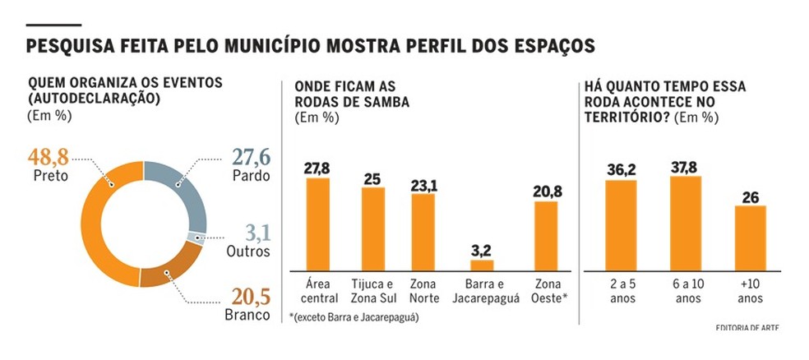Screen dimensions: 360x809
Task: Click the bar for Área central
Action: click(317, 224)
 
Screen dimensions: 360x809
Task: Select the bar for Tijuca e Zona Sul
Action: click(373, 229)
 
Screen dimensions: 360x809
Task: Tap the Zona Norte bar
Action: click(423, 233)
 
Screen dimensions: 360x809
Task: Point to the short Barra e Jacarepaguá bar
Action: click(482, 265)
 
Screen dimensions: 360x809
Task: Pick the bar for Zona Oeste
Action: click(546, 236)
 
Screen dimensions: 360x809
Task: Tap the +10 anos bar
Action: click(750, 238)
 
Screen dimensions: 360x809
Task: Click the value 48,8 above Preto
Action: click(48, 156)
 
